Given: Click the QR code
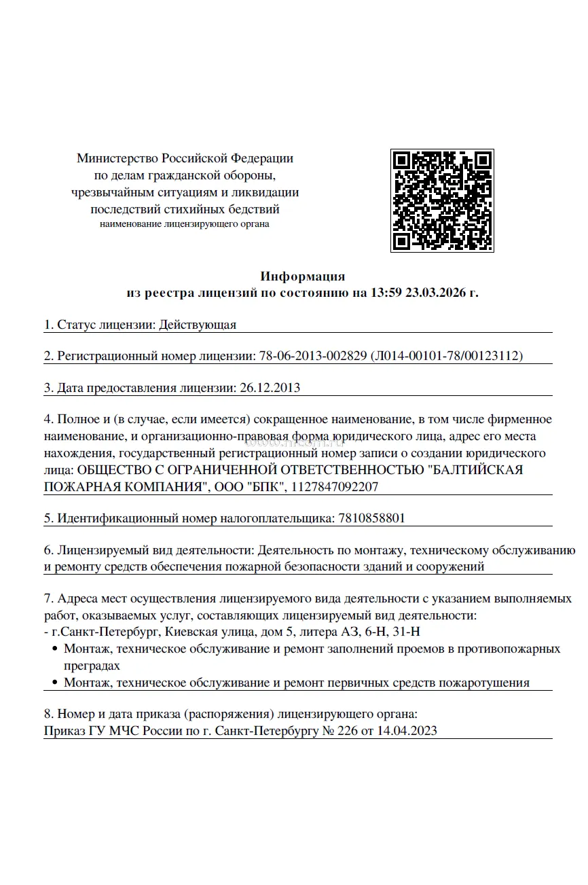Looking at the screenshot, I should click(x=441, y=200).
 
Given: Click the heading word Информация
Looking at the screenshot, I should click(x=303, y=276).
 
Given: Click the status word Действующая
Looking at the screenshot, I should click(x=198, y=325).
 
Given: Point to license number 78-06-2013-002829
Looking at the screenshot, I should click(x=313, y=356).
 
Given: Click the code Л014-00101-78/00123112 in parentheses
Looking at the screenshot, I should click(x=446, y=356).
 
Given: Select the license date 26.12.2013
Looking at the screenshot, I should click(x=270, y=388).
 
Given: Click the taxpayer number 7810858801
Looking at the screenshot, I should click(x=371, y=518).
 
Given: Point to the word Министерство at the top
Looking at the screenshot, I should click(x=117, y=158).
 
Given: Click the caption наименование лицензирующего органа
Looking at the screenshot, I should click(x=185, y=223).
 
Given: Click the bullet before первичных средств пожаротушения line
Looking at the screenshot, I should click(x=55, y=683).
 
